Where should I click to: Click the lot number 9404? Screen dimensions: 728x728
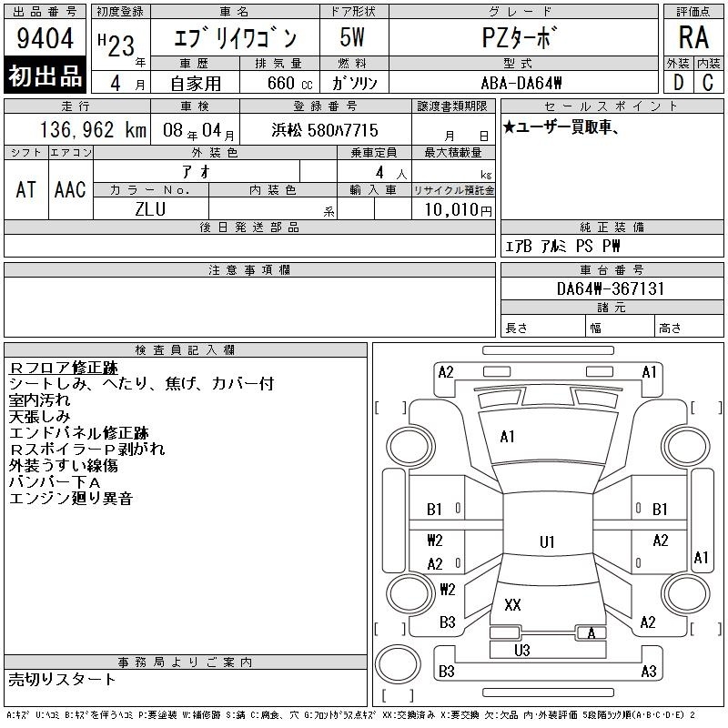[45, 38]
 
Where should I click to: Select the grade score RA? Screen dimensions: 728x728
[693, 37]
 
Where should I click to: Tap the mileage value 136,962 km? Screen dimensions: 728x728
[93, 129]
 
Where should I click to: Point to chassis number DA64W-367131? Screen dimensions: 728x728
[611, 288]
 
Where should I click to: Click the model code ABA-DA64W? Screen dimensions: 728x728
[521, 83]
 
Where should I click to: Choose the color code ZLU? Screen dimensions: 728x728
[150, 209]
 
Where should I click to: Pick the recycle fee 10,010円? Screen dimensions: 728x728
[458, 210]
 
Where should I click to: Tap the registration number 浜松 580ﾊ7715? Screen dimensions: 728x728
[325, 130]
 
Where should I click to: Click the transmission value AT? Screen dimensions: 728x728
[26, 189]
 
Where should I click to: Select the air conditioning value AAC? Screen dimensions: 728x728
[70, 189]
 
